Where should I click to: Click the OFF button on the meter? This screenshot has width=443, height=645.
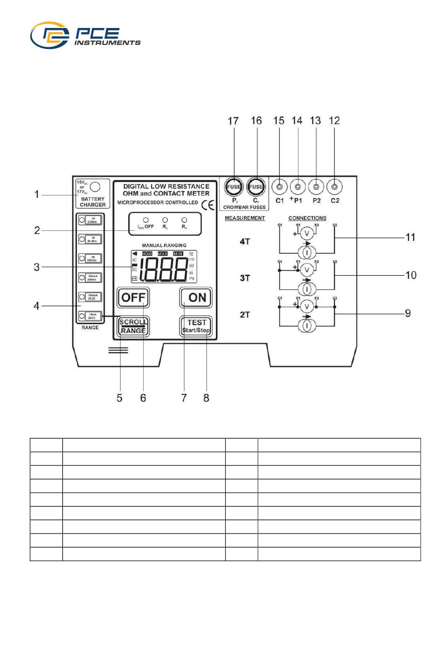[x=133, y=298]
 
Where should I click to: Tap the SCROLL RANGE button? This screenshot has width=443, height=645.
[x=133, y=326]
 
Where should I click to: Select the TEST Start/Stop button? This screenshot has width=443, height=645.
[x=196, y=326]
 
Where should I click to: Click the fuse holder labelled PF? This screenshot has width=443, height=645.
[x=234, y=187]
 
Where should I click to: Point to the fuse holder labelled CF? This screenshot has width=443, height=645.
[x=256, y=187]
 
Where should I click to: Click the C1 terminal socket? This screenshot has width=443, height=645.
[x=279, y=187]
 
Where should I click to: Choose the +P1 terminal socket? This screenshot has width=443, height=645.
[x=298, y=187]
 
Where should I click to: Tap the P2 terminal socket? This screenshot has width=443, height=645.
[x=316, y=187]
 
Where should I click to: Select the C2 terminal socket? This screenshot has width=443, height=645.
[x=334, y=187]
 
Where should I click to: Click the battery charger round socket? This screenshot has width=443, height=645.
[x=95, y=187]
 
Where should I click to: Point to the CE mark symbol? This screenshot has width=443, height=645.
[x=208, y=205]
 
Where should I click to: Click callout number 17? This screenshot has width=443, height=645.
[x=233, y=121]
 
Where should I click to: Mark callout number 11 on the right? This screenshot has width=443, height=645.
[x=410, y=237]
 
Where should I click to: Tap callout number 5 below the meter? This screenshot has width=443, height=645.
[x=120, y=398]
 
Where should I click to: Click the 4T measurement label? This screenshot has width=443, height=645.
[x=245, y=241]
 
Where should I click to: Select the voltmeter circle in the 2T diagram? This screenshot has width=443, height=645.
[x=306, y=306]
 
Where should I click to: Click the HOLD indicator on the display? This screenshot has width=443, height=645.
[x=147, y=254]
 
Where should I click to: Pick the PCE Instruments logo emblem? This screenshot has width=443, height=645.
[x=50, y=35]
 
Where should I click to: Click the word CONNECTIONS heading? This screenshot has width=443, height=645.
[x=307, y=218]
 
